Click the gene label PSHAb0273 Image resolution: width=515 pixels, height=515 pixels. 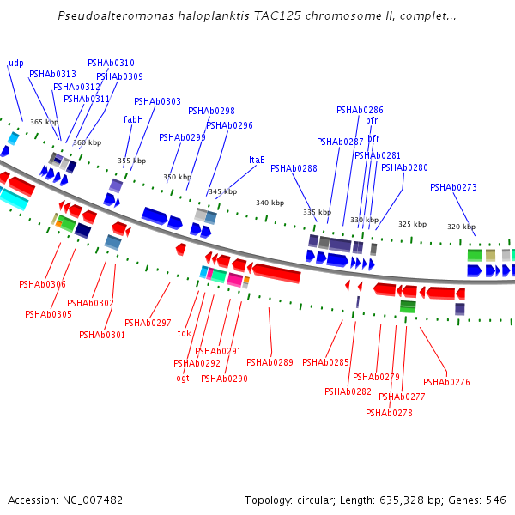453,187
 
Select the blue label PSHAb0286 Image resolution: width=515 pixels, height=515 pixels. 360,111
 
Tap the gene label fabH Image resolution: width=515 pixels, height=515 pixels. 133,120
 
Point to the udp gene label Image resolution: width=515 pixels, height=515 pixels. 16,64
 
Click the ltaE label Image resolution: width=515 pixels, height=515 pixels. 257,160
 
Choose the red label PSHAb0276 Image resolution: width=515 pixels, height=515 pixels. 446,382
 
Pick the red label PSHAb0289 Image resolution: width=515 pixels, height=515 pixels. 270,362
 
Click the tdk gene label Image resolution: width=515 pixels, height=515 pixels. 184,333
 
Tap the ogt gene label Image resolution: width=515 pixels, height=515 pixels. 182,378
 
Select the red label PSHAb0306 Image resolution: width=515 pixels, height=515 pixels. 42,284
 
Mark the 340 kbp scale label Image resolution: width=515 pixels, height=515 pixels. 270,203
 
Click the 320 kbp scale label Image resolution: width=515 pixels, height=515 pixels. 461,227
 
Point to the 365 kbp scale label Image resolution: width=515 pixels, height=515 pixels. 44,122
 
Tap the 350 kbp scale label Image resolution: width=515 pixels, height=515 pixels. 177,177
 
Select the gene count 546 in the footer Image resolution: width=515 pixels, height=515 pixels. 496,500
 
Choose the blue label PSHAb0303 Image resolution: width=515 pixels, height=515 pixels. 157,101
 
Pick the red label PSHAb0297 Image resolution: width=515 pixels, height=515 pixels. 148,323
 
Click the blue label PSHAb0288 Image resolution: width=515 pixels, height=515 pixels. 294,168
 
